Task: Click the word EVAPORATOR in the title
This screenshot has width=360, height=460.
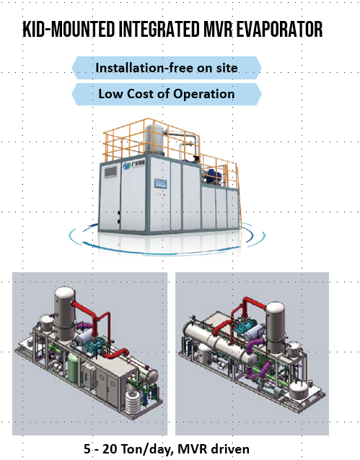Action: pyautogui.click(x=279, y=30)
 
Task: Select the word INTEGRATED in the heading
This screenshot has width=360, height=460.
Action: pyautogui.click(x=159, y=30)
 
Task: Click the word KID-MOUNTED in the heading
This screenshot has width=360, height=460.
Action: pyautogui.click(x=69, y=30)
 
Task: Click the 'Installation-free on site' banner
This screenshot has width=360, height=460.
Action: pyautogui.click(x=167, y=68)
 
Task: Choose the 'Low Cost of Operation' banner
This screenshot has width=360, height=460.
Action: pyautogui.click(x=167, y=94)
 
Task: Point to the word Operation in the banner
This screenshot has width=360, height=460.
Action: pyautogui.click(x=203, y=95)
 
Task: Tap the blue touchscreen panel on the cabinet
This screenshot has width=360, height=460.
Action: pyautogui.click(x=161, y=183)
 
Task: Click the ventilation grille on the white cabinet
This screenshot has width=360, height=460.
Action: pyautogui.click(x=111, y=172)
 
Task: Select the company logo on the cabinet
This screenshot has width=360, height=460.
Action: pyautogui.click(x=133, y=165)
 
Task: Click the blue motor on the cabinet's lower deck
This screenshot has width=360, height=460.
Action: pyautogui.click(x=214, y=175)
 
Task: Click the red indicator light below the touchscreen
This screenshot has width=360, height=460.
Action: pyautogui.click(x=164, y=194)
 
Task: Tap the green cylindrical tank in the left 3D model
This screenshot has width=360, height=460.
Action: pyautogui.click(x=74, y=368)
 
